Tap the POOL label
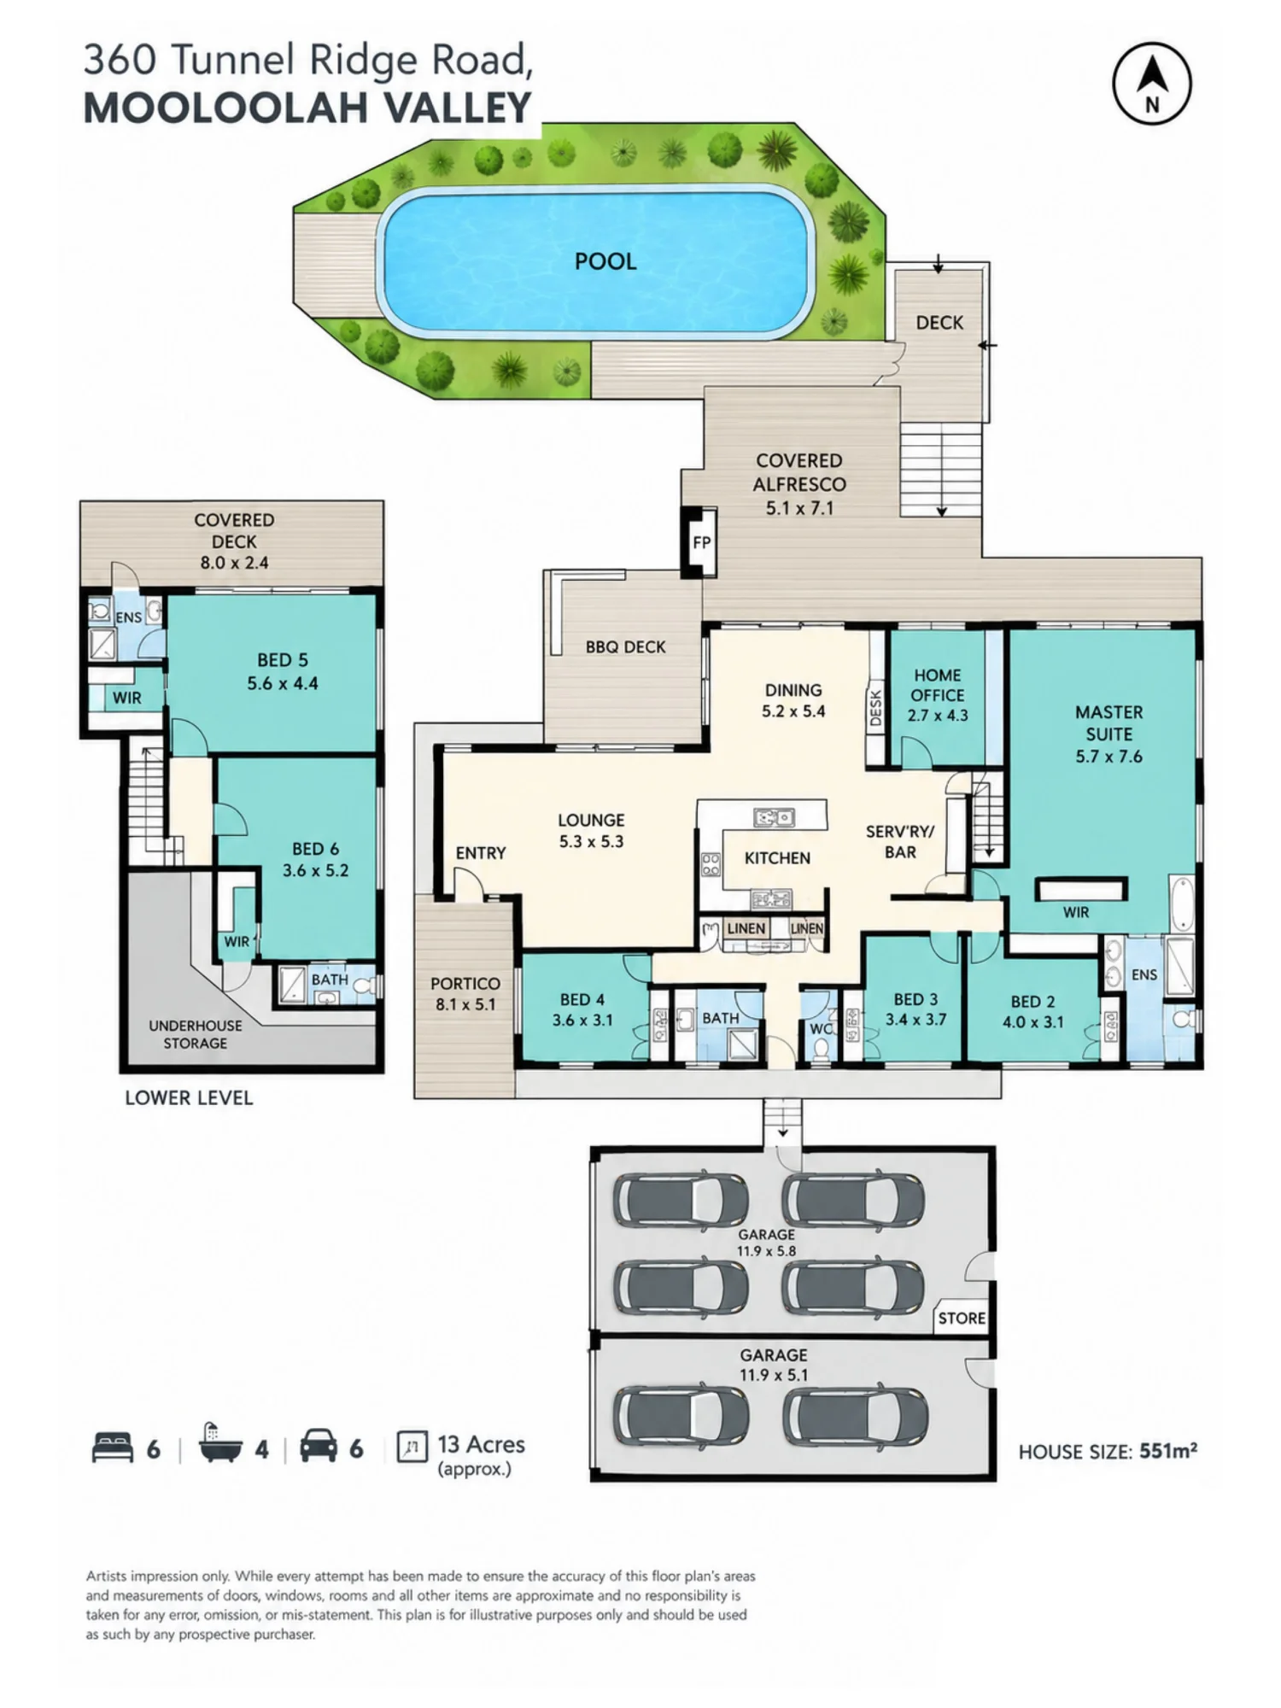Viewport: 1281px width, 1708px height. pyautogui.click(x=605, y=261)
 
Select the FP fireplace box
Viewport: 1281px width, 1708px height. pyautogui.click(x=701, y=542)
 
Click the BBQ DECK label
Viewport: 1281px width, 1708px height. pyautogui.click(x=625, y=647)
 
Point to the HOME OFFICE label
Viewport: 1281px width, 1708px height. pyautogui.click(x=938, y=685)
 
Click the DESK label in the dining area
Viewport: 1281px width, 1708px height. pyautogui.click(x=875, y=708)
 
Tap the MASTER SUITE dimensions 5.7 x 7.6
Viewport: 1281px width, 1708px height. pyautogui.click(x=1109, y=757)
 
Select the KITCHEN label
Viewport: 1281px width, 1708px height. pyautogui.click(x=777, y=857)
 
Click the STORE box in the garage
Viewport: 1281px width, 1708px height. pyautogui.click(x=962, y=1318)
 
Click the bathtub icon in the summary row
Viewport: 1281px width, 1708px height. pyautogui.click(x=220, y=1445)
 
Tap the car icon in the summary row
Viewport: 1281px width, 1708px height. pyautogui.click(x=319, y=1447)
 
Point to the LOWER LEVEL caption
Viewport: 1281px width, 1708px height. pyautogui.click(x=189, y=1097)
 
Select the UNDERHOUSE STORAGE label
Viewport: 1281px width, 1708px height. pyautogui.click(x=196, y=1034)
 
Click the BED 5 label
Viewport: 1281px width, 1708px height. pyautogui.click(x=283, y=660)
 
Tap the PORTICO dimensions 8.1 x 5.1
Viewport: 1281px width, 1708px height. pyautogui.click(x=465, y=1004)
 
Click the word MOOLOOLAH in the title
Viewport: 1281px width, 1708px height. pyautogui.click(x=225, y=108)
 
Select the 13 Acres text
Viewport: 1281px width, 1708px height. pyautogui.click(x=481, y=1444)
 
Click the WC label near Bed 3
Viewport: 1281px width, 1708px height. pyautogui.click(x=819, y=1028)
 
